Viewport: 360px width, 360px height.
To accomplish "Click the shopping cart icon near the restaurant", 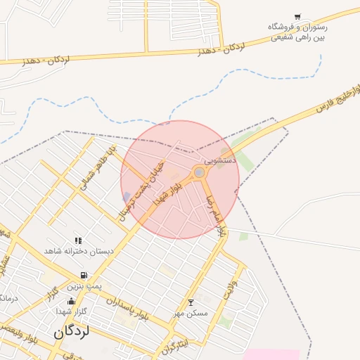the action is click(298, 17).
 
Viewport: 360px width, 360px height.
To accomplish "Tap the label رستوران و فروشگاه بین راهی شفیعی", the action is click(298, 32).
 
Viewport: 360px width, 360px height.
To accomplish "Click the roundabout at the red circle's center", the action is click(200, 172).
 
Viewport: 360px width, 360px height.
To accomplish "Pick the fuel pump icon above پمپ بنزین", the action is click(84, 276).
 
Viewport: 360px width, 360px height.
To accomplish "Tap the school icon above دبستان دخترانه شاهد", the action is click(77, 240).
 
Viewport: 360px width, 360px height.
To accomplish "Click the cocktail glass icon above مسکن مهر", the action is click(190, 302).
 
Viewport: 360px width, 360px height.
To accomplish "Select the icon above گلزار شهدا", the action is click(70, 301).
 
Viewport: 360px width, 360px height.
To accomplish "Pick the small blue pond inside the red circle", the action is click(127, 197).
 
